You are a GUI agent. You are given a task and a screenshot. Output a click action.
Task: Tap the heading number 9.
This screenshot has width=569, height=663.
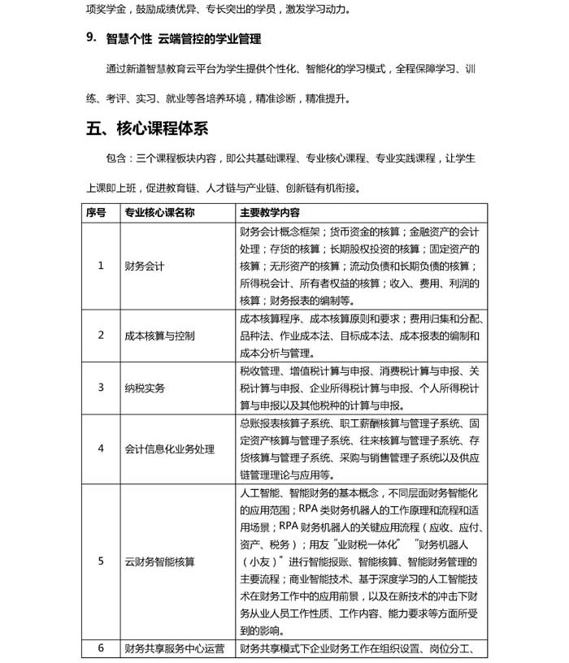pyautogui.click(x=92, y=38)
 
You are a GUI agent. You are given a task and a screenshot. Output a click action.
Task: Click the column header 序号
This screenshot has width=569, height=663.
pyautogui.click(x=96, y=212)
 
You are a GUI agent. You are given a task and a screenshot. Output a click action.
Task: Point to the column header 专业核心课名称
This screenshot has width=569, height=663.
pyautogui.click(x=160, y=212)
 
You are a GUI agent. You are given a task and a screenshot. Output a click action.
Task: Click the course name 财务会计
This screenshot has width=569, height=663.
pyautogui.click(x=145, y=265)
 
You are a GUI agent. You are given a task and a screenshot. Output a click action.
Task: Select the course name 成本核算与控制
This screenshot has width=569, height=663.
pyautogui.click(x=159, y=335)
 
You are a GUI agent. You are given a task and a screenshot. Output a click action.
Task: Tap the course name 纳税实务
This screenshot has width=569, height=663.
pyautogui.click(x=145, y=388)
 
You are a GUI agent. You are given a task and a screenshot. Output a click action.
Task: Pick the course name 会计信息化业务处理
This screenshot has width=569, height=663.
pyautogui.click(x=169, y=448)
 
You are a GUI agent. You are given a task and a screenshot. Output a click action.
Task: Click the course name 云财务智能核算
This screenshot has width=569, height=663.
pyautogui.click(x=159, y=561)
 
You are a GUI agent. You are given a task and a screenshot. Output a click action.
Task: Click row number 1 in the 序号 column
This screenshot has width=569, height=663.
pyautogui.click(x=101, y=265)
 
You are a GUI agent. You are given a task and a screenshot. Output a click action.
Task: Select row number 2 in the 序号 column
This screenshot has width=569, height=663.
pyautogui.click(x=101, y=335)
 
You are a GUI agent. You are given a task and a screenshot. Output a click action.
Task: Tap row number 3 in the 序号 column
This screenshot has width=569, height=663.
pyautogui.click(x=101, y=388)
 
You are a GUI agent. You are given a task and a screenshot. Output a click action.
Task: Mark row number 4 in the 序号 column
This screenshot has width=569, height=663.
pyautogui.click(x=101, y=448)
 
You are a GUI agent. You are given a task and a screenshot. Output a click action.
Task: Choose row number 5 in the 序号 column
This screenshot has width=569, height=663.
pyautogui.click(x=101, y=561)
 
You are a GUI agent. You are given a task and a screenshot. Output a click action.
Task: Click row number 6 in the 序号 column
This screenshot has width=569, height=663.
pyautogui.click(x=101, y=648)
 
